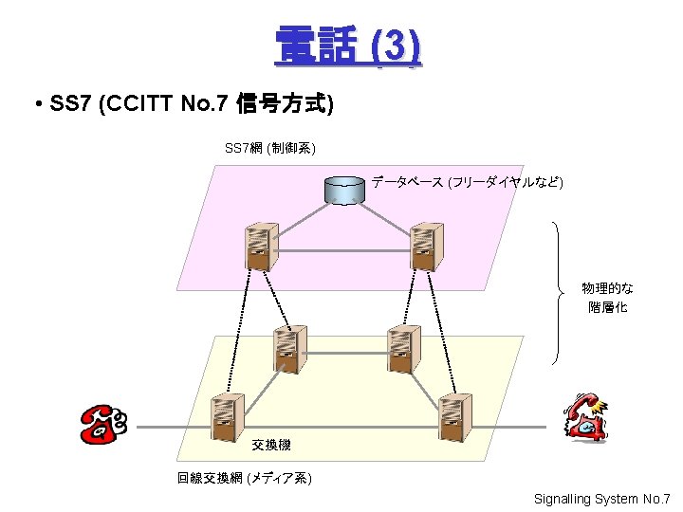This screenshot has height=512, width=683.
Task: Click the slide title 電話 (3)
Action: click(x=347, y=46)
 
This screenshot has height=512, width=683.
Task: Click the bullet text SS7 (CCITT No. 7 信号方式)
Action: click(x=181, y=104)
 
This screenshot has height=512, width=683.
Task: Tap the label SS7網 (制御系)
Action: click(x=270, y=148)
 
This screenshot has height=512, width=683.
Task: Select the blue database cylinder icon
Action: click(x=343, y=189)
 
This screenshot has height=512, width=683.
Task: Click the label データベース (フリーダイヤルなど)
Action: click(x=467, y=181)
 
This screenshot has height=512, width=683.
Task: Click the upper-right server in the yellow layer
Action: click(x=404, y=348)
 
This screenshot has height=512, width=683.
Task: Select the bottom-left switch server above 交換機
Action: click(x=225, y=418)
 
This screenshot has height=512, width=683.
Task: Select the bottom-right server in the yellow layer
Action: click(x=454, y=418)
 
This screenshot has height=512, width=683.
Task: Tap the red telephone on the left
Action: click(x=103, y=424)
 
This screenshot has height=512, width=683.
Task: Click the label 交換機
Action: click(x=271, y=445)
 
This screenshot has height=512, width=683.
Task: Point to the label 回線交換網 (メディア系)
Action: click(x=244, y=479)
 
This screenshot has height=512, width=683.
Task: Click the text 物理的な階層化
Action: click(x=608, y=297)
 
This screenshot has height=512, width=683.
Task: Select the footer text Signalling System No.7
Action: click(x=601, y=499)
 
